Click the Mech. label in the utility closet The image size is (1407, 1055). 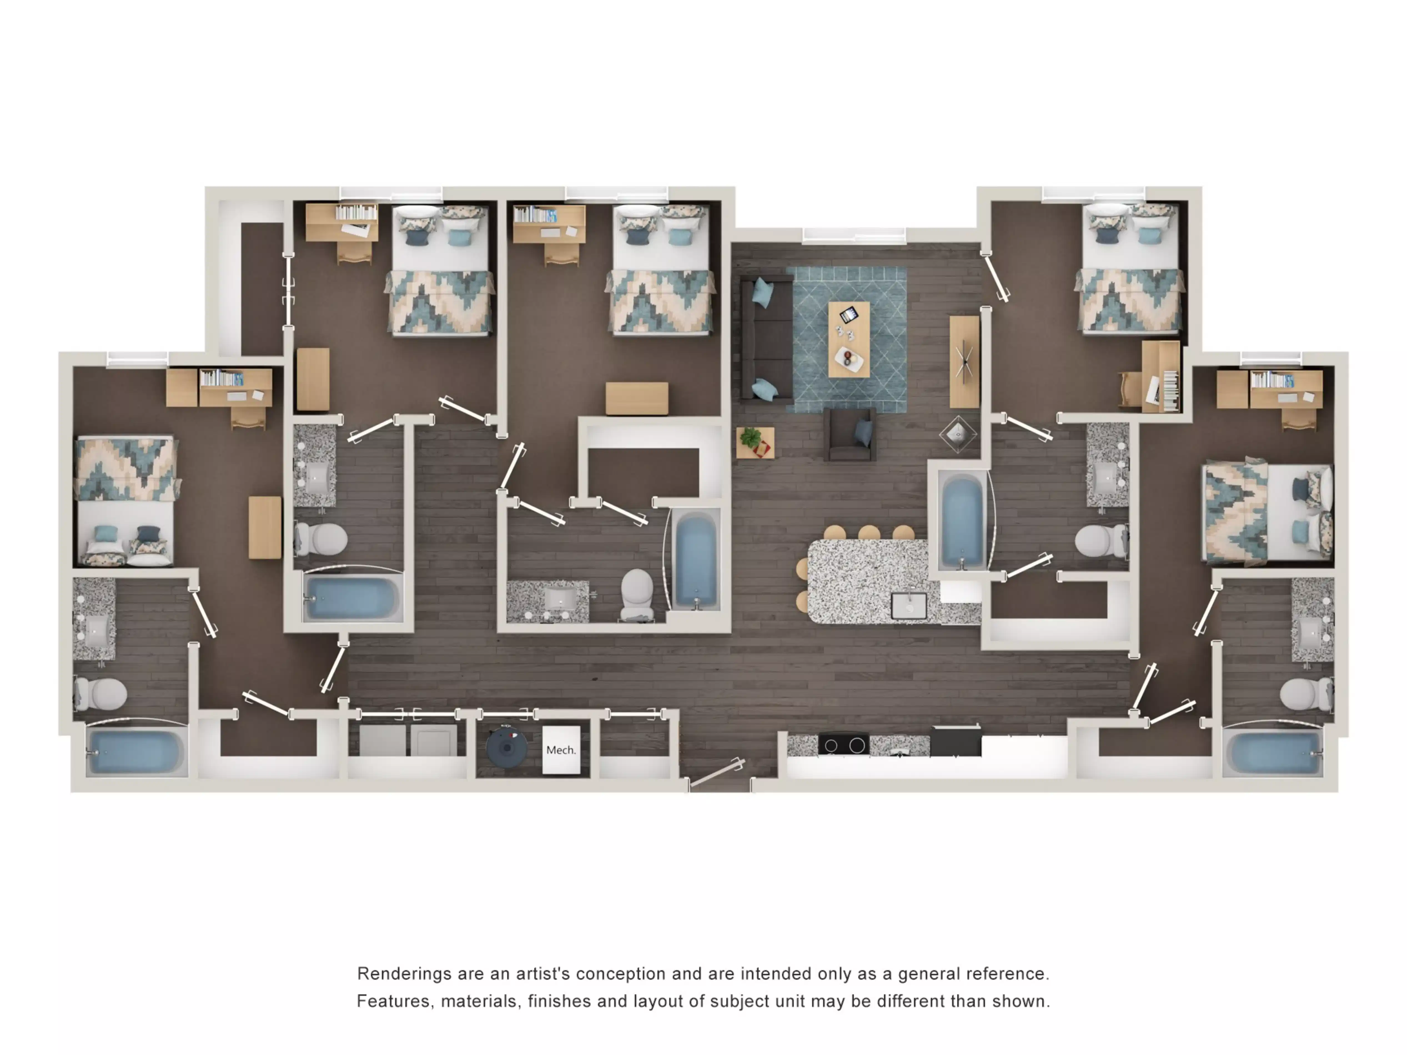[560, 750]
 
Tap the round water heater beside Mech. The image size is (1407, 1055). [506, 747]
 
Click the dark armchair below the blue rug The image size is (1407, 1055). [850, 435]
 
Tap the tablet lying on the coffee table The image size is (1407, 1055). [848, 314]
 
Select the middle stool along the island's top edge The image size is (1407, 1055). [869, 532]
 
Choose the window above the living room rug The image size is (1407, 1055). [854, 236]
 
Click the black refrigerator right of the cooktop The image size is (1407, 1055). [955, 741]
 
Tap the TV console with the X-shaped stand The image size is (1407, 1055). [964, 362]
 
